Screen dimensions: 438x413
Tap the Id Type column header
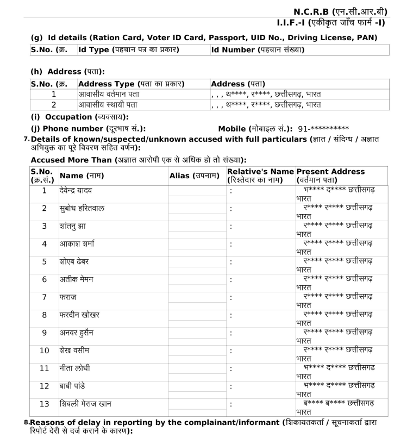pyautogui.click(x=129, y=50)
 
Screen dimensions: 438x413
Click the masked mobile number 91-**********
pyautogui.click(x=323, y=129)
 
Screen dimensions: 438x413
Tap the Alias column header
pyautogui.click(x=195, y=176)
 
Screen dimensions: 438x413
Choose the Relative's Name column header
pyautogui.click(x=260, y=175)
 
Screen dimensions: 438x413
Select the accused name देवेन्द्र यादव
pyautogui.click(x=82, y=191)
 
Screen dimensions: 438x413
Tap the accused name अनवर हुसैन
pyautogui.click(x=79, y=333)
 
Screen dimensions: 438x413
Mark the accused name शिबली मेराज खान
pyautogui.click(x=89, y=404)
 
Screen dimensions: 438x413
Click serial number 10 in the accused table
pyautogui.click(x=44, y=351)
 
